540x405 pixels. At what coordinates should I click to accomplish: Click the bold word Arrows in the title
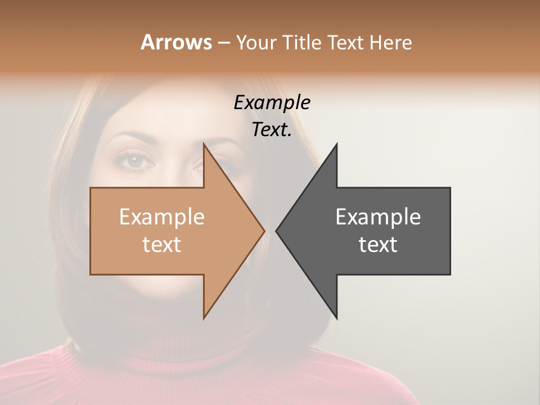click(176, 42)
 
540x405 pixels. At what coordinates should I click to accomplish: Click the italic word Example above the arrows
click(272, 102)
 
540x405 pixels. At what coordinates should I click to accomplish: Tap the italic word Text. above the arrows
click(272, 130)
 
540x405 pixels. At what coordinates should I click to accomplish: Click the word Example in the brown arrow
click(161, 217)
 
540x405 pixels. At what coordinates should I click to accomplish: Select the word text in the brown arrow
click(161, 245)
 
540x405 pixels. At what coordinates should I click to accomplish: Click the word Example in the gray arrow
click(378, 217)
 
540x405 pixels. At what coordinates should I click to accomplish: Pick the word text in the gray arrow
click(378, 245)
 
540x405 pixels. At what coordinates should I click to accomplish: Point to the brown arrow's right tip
click(264, 231)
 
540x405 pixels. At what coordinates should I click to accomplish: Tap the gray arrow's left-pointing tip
click(277, 231)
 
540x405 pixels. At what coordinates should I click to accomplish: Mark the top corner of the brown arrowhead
click(204, 145)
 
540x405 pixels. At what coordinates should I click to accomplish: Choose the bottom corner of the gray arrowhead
click(336, 318)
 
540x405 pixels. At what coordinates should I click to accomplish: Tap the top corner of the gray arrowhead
click(336, 145)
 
